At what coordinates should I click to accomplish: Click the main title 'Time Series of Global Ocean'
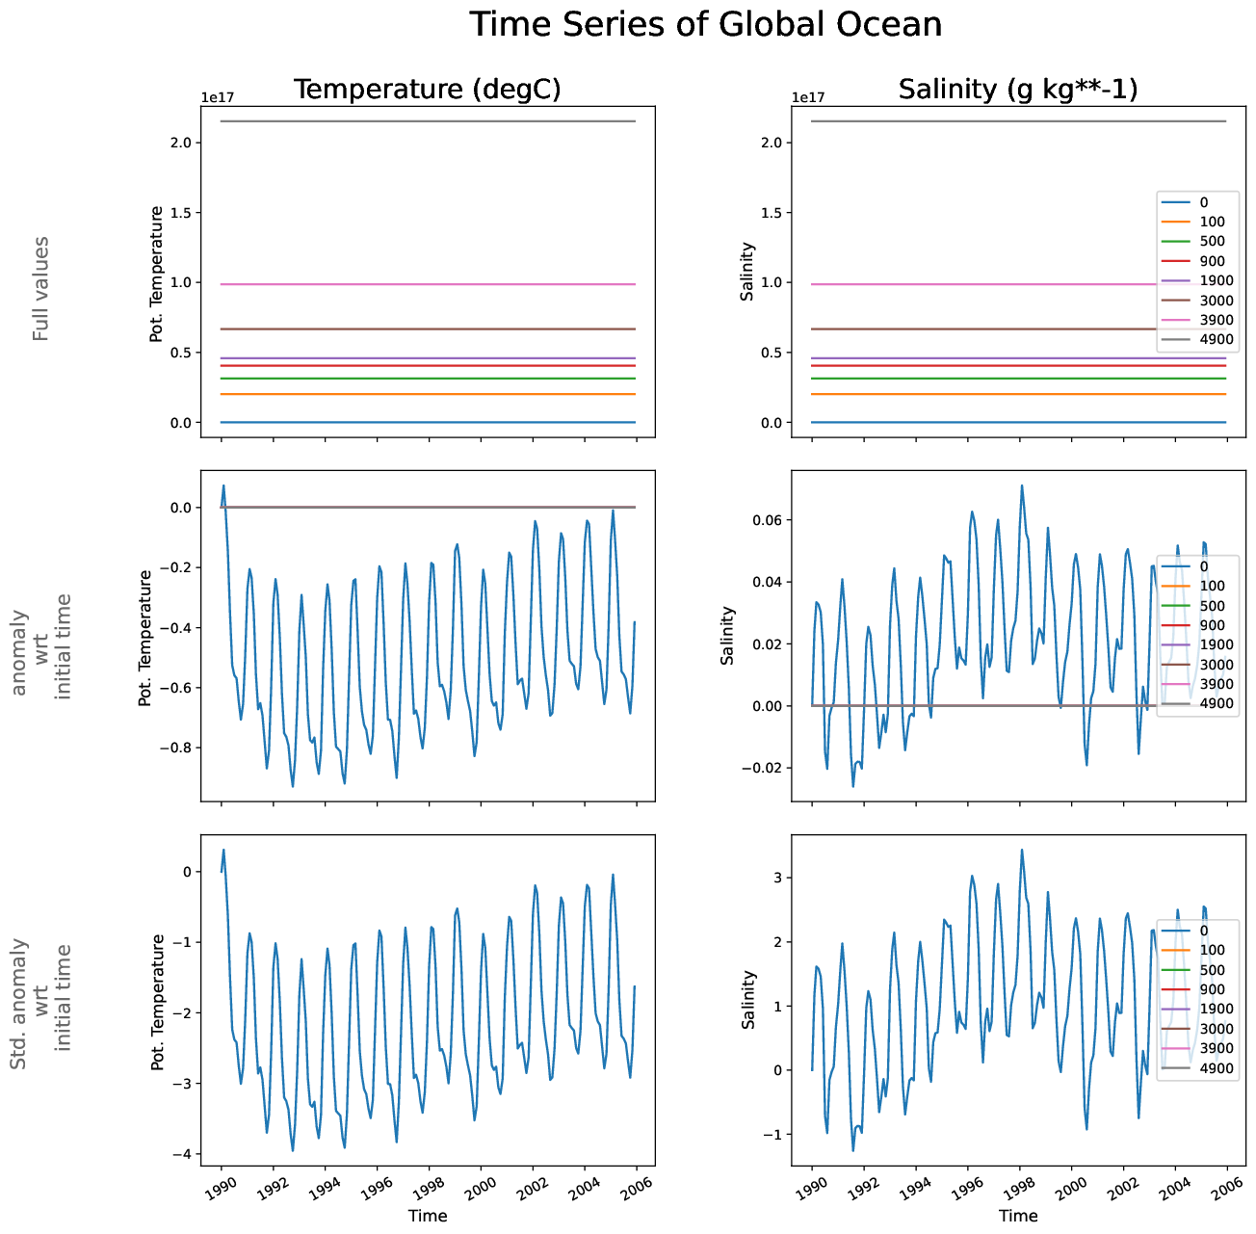pyautogui.click(x=706, y=25)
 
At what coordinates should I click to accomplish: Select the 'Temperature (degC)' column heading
pyautogui.click(x=427, y=90)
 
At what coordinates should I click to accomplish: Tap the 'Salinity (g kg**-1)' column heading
pyautogui.click(x=1018, y=90)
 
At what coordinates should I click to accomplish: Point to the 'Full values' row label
pyautogui.click(x=40, y=288)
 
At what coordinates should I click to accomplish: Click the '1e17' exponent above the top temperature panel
pyautogui.click(x=217, y=97)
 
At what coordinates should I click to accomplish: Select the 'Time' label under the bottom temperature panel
pyautogui.click(x=428, y=1216)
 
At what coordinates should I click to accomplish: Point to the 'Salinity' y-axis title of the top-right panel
pyautogui.click(x=747, y=272)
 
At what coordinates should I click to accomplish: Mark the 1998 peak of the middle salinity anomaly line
pyautogui.click(x=1022, y=486)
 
